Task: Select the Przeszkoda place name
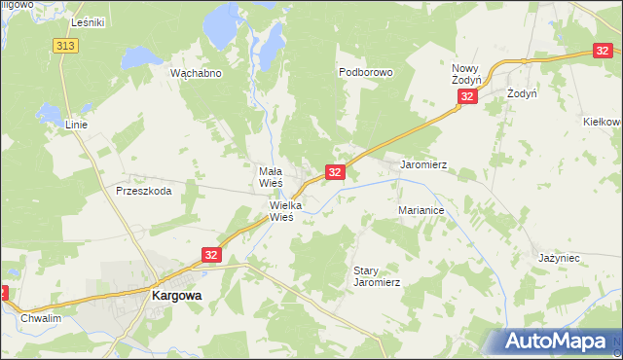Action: coord(143,191)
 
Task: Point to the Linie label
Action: coord(76,126)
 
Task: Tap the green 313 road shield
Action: coord(66,46)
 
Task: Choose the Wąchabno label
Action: coord(197,73)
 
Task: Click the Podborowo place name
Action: coord(365,72)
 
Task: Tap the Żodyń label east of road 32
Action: coord(523,93)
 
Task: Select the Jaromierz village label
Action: coord(423,165)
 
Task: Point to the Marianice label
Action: coord(421,210)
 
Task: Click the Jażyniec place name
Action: coord(559,258)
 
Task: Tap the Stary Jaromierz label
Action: coord(377,276)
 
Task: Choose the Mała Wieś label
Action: coord(270,176)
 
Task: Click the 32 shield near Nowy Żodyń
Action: coord(468,97)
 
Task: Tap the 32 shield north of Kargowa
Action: coord(212,254)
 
